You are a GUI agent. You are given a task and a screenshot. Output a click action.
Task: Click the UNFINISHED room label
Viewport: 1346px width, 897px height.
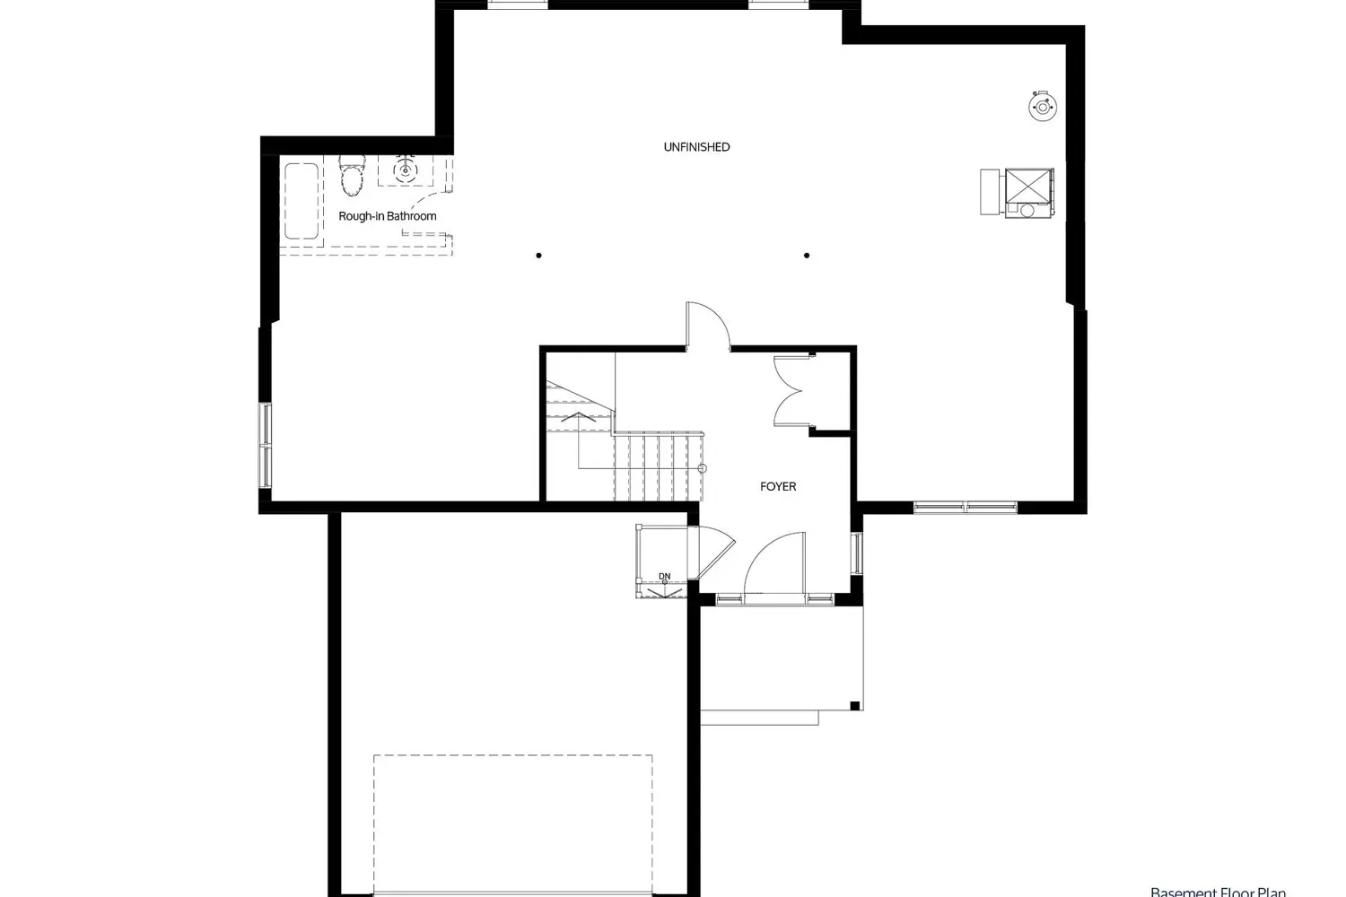click(696, 147)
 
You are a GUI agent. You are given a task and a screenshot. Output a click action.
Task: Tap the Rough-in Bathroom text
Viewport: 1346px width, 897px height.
click(387, 216)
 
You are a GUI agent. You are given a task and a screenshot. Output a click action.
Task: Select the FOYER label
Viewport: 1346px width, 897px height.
click(778, 486)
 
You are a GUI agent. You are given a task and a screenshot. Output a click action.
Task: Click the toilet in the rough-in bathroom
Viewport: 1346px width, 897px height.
click(353, 175)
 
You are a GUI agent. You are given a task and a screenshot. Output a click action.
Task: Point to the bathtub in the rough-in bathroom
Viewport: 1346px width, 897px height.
click(302, 201)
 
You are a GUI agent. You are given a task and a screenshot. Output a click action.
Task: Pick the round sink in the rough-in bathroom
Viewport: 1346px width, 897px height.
click(406, 169)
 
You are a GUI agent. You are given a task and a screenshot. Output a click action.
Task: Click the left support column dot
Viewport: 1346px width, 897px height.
click(538, 256)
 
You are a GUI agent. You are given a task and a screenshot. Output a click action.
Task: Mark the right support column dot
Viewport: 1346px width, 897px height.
click(807, 256)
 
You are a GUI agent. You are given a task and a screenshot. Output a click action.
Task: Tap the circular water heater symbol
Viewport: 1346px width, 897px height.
click(1043, 106)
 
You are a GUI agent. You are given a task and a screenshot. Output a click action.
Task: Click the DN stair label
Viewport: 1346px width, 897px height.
click(664, 576)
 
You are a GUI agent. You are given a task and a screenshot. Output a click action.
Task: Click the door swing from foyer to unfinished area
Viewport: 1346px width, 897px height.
click(707, 325)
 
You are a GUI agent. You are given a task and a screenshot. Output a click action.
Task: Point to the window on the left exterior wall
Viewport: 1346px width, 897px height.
click(266, 446)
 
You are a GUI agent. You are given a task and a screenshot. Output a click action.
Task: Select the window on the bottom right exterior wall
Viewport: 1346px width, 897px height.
click(966, 507)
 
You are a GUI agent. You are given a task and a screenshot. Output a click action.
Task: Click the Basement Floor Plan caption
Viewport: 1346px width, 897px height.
click(1218, 892)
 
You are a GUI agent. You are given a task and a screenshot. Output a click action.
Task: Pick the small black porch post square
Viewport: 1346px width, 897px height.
click(855, 704)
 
